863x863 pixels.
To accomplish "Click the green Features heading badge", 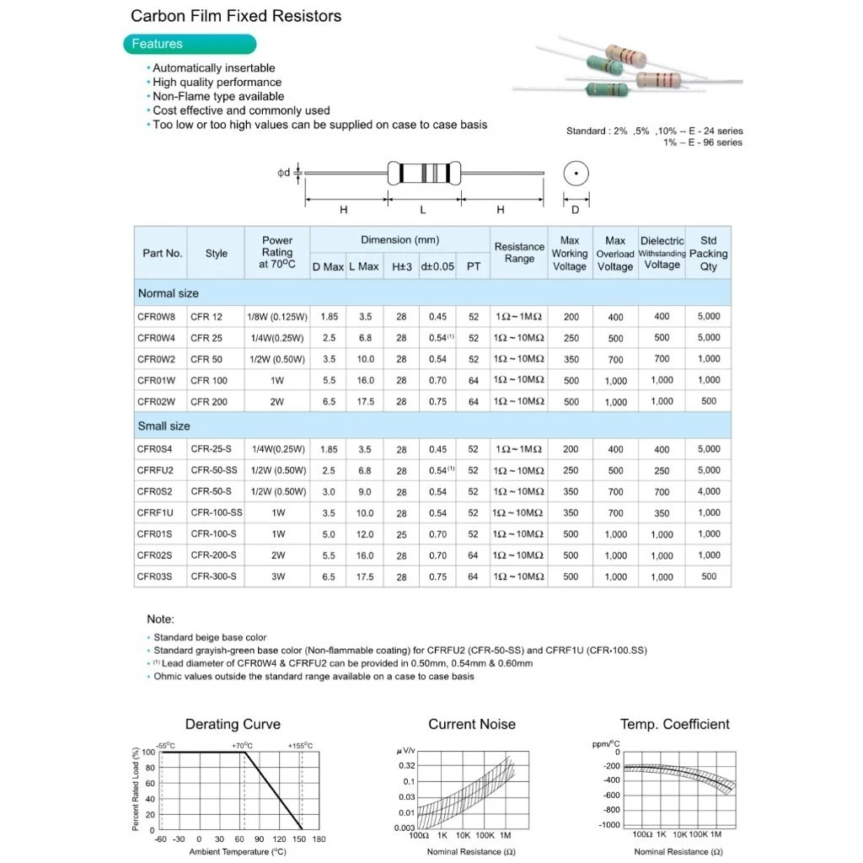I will [x=189, y=45].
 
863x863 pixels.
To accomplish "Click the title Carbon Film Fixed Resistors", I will [x=236, y=16].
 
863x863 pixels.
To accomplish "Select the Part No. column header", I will [x=162, y=253].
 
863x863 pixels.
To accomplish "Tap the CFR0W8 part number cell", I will [x=157, y=317].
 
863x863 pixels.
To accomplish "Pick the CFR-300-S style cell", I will [x=213, y=576].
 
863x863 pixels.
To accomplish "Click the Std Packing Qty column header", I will [x=708, y=253].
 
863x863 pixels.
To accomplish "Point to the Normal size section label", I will [x=169, y=293].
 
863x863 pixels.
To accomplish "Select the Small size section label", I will [x=164, y=426].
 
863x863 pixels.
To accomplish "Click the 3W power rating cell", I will [x=277, y=576].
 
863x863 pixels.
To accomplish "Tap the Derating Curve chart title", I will [x=233, y=724].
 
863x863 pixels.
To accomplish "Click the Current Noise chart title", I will [x=472, y=724].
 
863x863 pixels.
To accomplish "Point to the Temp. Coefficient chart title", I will [x=674, y=724].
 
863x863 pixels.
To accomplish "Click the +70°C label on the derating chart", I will [x=242, y=746].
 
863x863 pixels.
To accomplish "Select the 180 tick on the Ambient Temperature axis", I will [x=319, y=839].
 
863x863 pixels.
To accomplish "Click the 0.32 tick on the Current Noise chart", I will [x=406, y=765].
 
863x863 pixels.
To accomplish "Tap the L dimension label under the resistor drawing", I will [x=423, y=210].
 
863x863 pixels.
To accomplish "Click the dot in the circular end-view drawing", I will [x=576, y=174].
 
